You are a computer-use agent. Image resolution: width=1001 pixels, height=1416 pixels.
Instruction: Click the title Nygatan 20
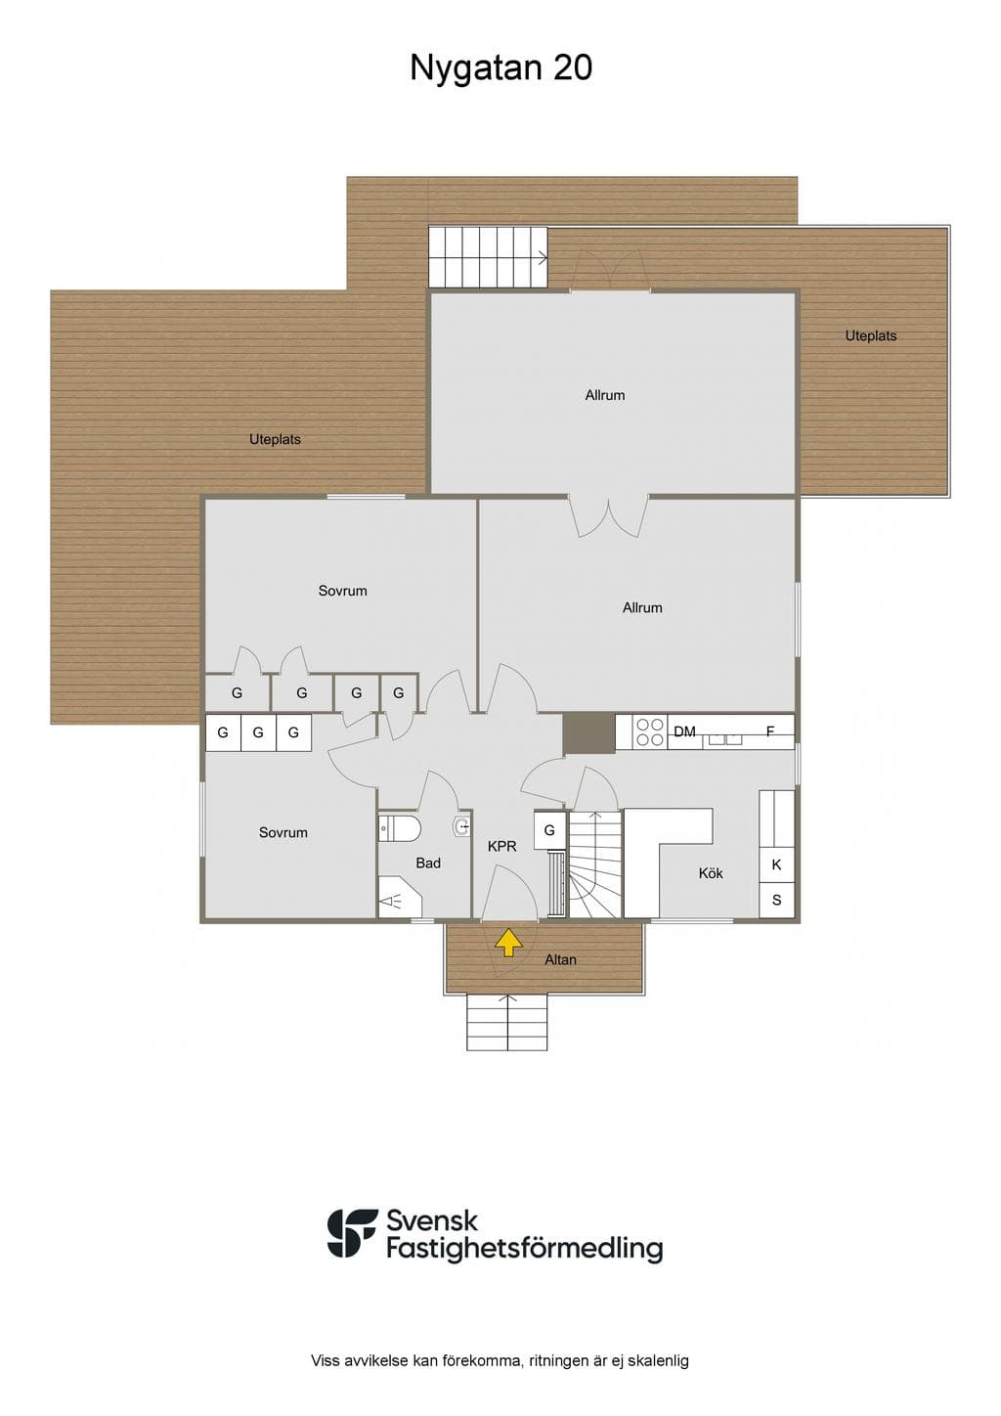pyautogui.click(x=501, y=67)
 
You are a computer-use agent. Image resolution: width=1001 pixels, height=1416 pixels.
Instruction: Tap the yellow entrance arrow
pyautogui.click(x=508, y=942)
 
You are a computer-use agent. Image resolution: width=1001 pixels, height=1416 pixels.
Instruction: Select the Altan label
pyautogui.click(x=560, y=959)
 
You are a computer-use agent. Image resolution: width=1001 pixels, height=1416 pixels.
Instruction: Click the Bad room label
pyautogui.click(x=428, y=863)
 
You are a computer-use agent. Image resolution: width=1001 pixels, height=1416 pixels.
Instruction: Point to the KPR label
pyautogui.click(x=502, y=846)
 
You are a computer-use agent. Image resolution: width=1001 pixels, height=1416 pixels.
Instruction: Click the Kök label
pyautogui.click(x=711, y=873)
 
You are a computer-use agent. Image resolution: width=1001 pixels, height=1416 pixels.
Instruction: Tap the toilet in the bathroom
pyautogui.click(x=400, y=828)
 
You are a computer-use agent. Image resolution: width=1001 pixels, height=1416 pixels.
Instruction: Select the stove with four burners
pyautogui.click(x=650, y=732)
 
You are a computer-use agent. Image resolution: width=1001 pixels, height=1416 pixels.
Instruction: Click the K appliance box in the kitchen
pyautogui.click(x=777, y=864)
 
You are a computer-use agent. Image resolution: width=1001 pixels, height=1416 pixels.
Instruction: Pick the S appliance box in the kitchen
pyautogui.click(x=777, y=900)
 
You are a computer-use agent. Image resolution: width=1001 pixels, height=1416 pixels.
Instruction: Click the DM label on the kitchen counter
pyautogui.click(x=684, y=731)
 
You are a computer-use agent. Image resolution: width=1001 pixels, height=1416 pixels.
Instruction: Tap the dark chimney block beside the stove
pyautogui.click(x=588, y=733)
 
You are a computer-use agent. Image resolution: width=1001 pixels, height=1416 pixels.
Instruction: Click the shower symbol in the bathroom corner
pyautogui.click(x=399, y=897)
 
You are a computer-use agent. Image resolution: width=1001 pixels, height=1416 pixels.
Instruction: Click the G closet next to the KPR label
pyautogui.click(x=549, y=830)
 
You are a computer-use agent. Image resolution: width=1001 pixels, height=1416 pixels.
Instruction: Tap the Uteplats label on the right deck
pyautogui.click(x=871, y=335)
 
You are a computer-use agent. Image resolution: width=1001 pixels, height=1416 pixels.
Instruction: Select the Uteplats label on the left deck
pyautogui.click(x=275, y=439)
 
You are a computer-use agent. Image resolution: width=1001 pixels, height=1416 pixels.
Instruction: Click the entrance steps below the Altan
pyautogui.click(x=506, y=1022)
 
